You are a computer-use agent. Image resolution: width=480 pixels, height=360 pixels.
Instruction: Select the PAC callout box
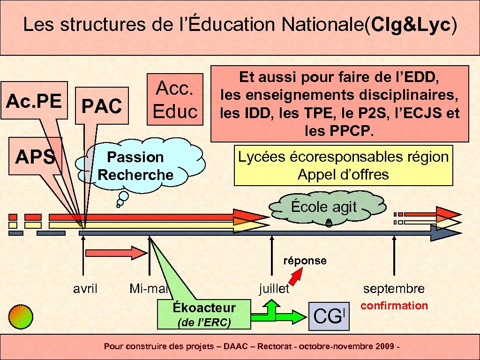coord(102,106)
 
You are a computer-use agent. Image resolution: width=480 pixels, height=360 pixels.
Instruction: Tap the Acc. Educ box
coord(175,99)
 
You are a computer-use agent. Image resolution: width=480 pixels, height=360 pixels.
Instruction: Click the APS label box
coord(36,157)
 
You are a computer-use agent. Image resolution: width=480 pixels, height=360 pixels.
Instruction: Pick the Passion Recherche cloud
coord(135,166)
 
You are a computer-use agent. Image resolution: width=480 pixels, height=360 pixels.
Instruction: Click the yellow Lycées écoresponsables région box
coord(343,165)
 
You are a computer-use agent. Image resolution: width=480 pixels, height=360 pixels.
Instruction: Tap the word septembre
coord(394,289)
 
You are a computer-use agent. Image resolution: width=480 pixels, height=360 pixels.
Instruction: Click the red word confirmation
coord(394,306)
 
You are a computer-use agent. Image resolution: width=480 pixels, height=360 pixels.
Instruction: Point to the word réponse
coord(305,261)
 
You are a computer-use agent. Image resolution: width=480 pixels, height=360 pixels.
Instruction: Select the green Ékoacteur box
coord(204,314)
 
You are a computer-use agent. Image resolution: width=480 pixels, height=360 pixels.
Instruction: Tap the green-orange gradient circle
coord(22,316)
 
